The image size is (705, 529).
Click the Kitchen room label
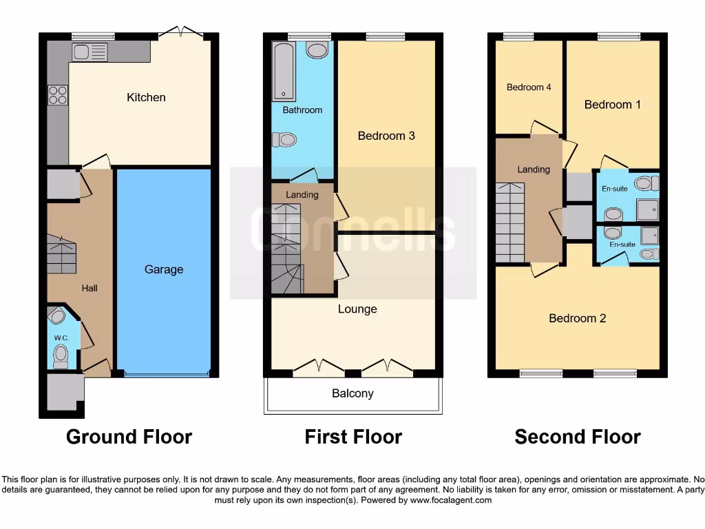[x=146, y=97]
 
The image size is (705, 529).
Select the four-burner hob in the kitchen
[x=58, y=94]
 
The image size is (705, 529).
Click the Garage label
[x=164, y=269]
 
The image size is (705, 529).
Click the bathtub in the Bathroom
[x=283, y=71]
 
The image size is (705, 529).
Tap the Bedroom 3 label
[x=386, y=136]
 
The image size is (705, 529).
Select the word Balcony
[x=352, y=393]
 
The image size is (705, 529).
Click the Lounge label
[x=357, y=309]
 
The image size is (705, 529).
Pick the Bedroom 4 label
[x=529, y=87]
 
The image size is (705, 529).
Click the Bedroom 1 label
[x=613, y=105]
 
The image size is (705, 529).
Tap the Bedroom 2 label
[x=577, y=318]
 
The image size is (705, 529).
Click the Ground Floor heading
[x=129, y=437]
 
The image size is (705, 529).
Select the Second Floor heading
[x=577, y=437]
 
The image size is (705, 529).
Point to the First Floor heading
[x=353, y=437]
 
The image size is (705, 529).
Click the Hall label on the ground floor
[x=90, y=288]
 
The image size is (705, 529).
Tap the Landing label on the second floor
[x=534, y=169]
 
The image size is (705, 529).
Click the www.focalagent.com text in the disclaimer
[x=451, y=500]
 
